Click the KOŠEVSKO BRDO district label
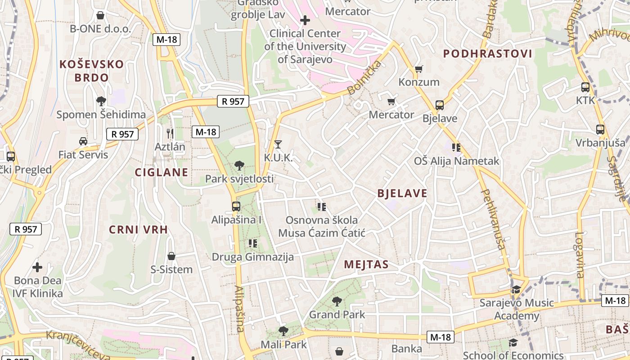click(92, 71)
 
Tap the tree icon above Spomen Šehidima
click(101, 101)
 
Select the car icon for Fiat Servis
click(83, 141)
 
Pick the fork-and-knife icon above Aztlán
click(170, 133)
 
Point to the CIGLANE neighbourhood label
click(162, 172)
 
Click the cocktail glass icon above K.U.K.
click(278, 144)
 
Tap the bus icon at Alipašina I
click(236, 207)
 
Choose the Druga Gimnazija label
click(253, 257)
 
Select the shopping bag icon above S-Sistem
click(171, 256)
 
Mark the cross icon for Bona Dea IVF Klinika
click(37, 267)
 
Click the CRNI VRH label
click(139, 229)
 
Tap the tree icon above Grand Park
click(337, 301)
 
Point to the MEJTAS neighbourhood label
click(366, 265)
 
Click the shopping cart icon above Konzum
click(419, 69)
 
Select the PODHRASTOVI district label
click(488, 54)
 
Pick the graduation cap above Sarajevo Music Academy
click(516, 289)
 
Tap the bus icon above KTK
click(585, 87)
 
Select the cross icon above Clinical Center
click(305, 20)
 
